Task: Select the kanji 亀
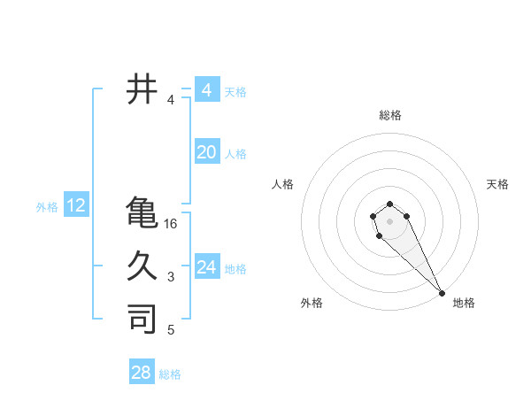[142, 212]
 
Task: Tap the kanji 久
[142, 265]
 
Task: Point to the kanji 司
[142, 318]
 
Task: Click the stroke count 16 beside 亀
[171, 224]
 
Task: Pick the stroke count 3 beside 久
[171, 277]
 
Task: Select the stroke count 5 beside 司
[171, 330]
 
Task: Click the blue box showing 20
[206, 152]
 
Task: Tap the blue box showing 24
[206, 267]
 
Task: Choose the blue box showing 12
[76, 206]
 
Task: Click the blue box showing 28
[142, 373]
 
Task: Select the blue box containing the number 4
[206, 90]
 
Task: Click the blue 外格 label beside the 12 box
[47, 207]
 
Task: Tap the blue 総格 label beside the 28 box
[171, 374]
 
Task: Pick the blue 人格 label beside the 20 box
[235, 154]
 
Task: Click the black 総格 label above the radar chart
[390, 115]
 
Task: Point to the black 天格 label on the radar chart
[498, 184]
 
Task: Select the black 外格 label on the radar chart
[312, 303]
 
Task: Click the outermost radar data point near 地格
[442, 293]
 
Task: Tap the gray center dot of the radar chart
[389, 220]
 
